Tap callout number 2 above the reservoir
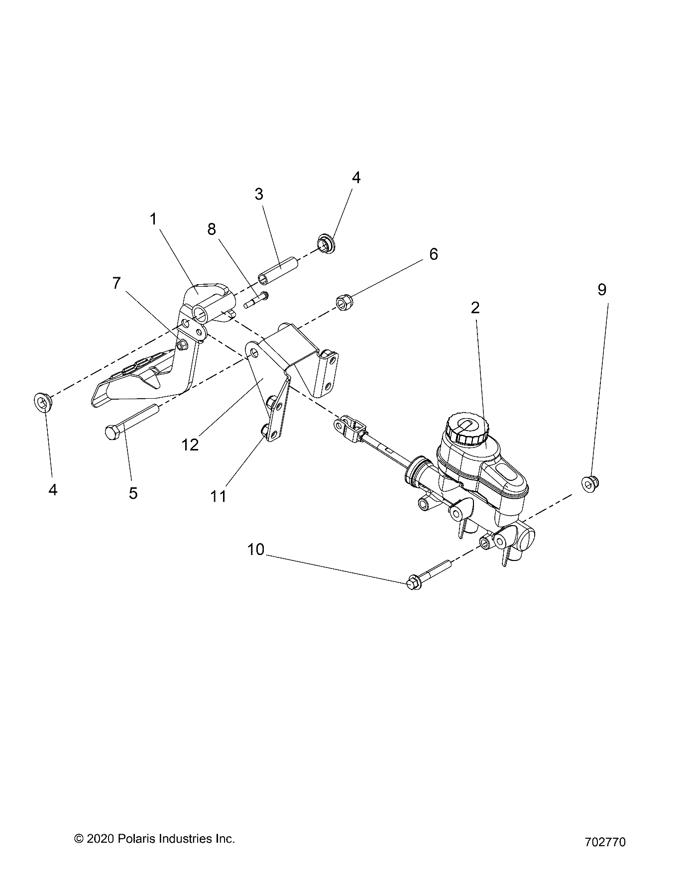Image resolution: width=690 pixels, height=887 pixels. [475, 308]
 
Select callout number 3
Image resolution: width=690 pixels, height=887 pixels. [259, 194]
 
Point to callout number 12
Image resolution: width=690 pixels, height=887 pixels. [190, 444]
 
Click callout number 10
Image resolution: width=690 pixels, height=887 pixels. [256, 550]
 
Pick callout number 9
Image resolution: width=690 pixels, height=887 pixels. [602, 289]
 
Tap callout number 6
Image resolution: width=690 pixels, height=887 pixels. [434, 254]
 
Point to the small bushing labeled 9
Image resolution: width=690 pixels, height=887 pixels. [590, 482]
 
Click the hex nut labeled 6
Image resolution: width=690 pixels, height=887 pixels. [343, 302]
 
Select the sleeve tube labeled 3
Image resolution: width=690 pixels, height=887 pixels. [278, 269]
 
